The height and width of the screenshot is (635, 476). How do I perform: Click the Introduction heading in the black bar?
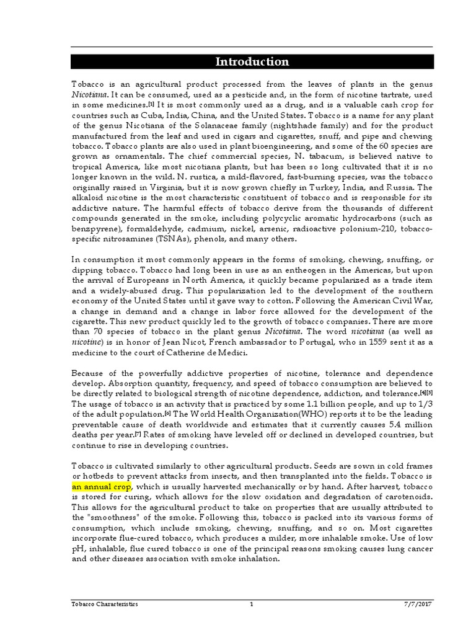tap(252, 61)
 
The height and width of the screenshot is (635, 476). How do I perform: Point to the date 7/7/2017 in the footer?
tap(419, 603)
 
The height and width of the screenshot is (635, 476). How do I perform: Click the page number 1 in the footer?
tap(252, 603)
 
